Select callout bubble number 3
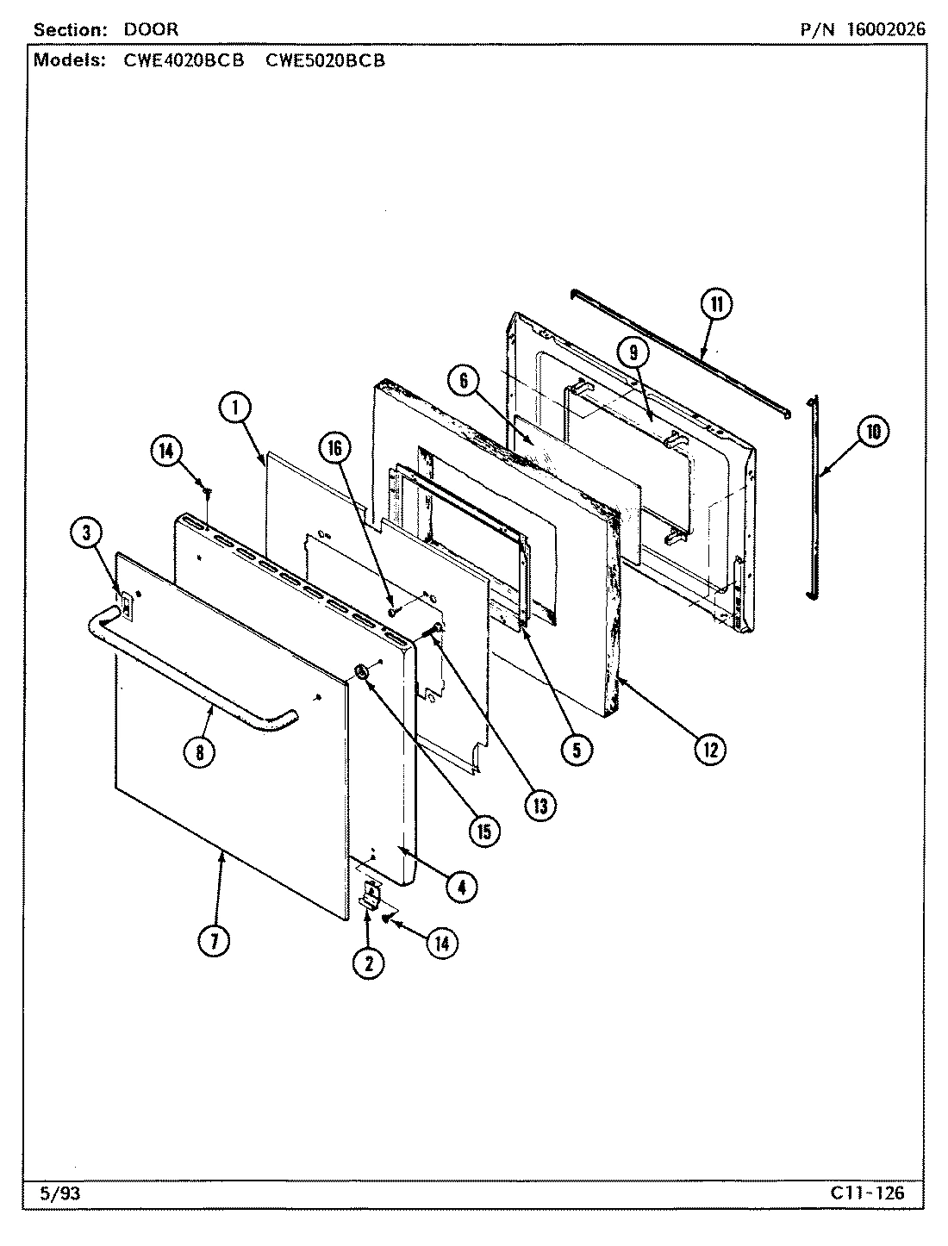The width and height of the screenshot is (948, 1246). (86, 533)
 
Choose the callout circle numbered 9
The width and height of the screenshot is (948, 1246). (633, 352)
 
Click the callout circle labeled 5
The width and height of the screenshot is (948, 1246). (576, 749)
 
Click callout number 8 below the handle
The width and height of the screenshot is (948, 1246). (199, 751)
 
